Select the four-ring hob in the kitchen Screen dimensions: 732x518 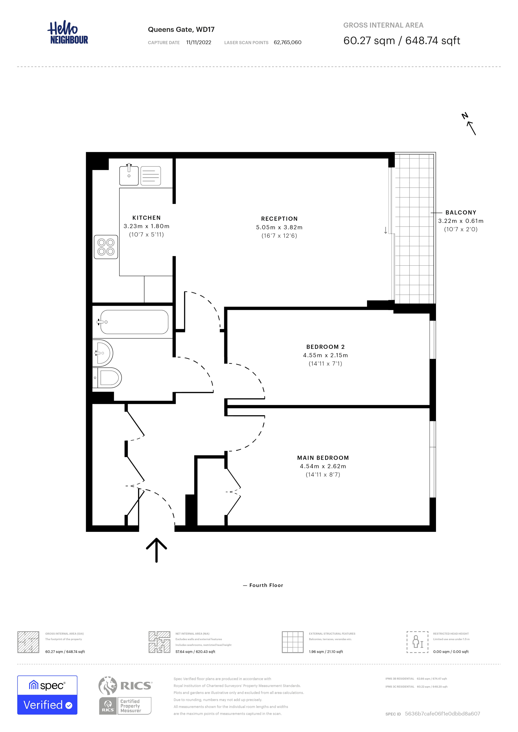(106, 247)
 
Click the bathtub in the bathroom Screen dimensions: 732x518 (134, 322)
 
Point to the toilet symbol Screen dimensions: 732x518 (108, 378)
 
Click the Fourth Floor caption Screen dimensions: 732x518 (266, 585)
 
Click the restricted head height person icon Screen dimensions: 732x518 (417, 642)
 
